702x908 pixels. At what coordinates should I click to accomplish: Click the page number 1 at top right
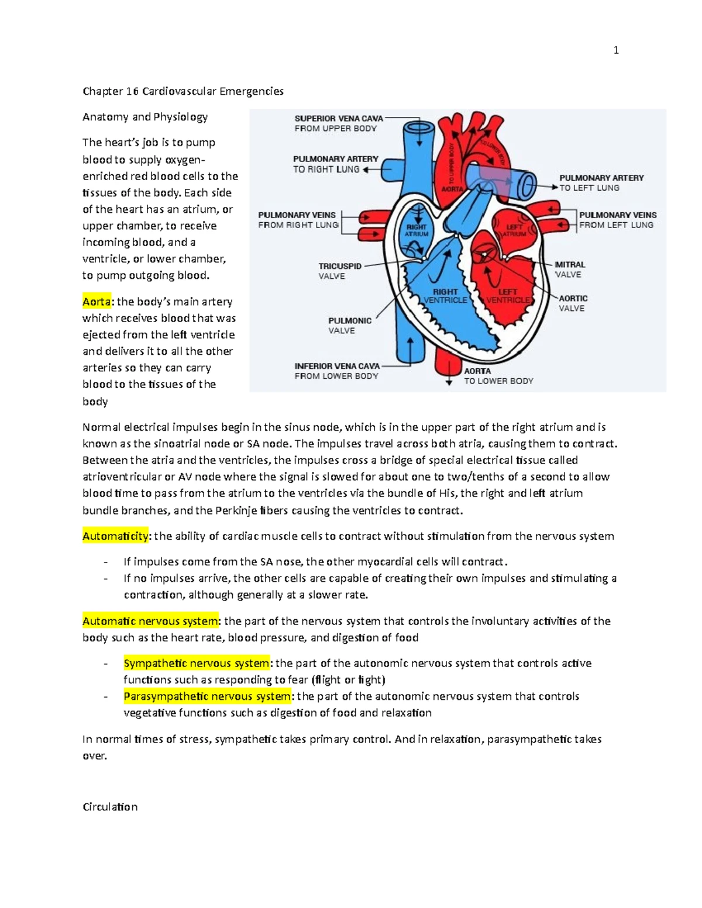[x=616, y=50]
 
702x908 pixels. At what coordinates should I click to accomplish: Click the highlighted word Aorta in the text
[x=97, y=302]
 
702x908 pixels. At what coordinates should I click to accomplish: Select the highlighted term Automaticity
[x=115, y=536]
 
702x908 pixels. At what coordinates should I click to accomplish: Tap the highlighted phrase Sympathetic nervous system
[x=197, y=663]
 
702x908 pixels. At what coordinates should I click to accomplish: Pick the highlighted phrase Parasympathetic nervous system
[x=207, y=696]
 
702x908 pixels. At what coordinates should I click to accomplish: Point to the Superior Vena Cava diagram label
[x=338, y=123]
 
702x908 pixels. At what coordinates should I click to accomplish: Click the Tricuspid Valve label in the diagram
[x=339, y=271]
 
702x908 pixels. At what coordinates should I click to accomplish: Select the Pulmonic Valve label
[x=349, y=325]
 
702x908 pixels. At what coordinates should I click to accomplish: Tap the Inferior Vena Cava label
[x=337, y=371]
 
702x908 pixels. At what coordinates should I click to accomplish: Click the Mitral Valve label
[x=569, y=270]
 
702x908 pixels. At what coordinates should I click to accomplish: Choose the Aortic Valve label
[x=573, y=303]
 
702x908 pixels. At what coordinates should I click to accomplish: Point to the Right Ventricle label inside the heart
[x=445, y=296]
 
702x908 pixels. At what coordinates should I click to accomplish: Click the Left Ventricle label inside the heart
[x=508, y=296]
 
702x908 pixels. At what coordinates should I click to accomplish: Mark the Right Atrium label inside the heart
[x=417, y=230]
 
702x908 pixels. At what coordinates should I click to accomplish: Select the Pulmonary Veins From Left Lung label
[x=617, y=220]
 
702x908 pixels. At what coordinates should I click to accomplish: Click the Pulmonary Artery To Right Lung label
[x=335, y=164]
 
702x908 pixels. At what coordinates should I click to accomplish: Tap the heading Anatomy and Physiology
[x=145, y=117]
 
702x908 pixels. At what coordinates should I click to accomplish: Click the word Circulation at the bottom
[x=110, y=807]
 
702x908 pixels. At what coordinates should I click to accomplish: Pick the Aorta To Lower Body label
[x=498, y=376]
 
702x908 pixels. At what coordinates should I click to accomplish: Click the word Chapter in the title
[x=103, y=91]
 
